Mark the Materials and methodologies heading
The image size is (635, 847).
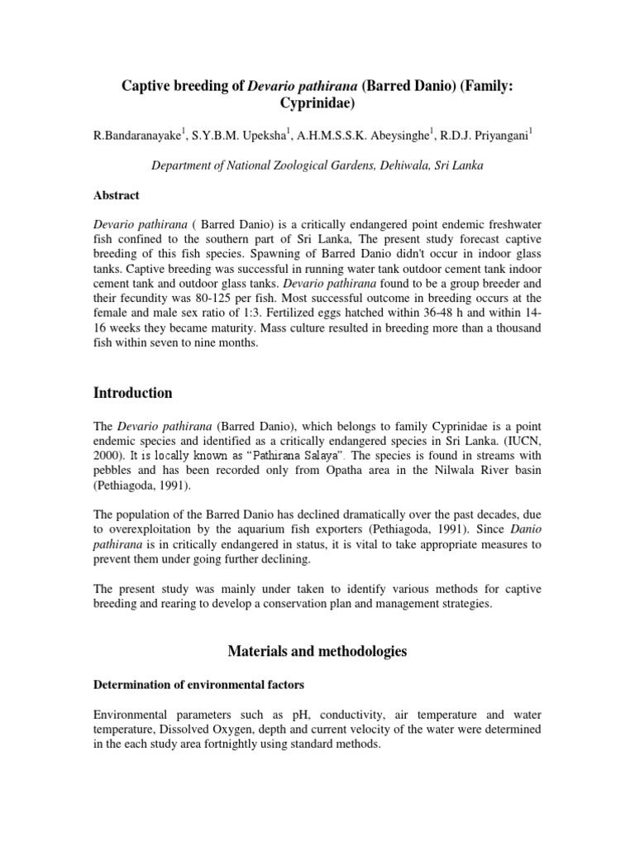[x=317, y=651]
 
